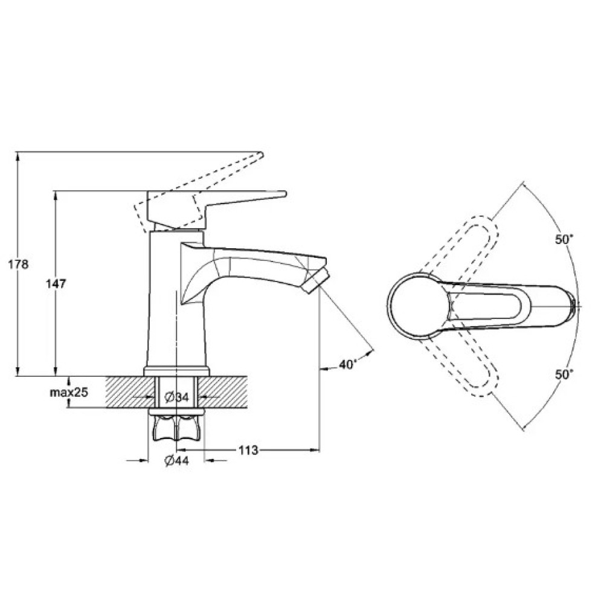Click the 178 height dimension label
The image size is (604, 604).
[19, 265]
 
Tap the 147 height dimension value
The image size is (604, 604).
[56, 284]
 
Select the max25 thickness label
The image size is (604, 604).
[69, 392]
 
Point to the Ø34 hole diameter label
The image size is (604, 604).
[177, 397]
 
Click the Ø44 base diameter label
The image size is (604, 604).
[177, 460]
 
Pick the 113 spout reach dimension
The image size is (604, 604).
[248, 449]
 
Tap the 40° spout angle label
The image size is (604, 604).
[349, 364]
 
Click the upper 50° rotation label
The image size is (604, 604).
[564, 239]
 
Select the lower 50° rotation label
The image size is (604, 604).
[564, 374]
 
